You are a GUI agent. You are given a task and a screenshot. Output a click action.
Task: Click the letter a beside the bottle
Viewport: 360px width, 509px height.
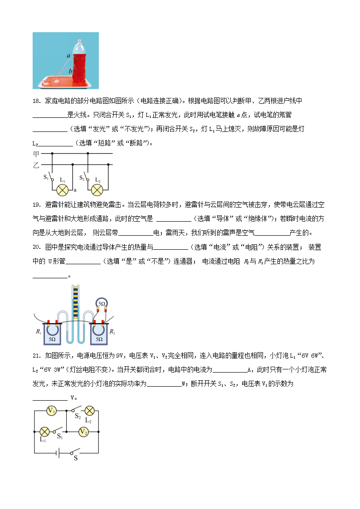(x=68, y=56)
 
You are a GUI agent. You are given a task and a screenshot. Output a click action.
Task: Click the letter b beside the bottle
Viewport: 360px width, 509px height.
(x=70, y=71)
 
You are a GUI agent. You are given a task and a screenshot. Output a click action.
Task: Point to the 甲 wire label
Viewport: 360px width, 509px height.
(x=36, y=154)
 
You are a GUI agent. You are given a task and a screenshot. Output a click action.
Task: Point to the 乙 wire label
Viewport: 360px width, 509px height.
(x=36, y=165)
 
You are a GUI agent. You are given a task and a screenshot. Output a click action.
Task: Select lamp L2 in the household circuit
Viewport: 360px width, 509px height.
(x=97, y=189)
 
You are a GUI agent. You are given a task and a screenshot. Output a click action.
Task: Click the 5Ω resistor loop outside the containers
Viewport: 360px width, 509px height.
(x=102, y=303)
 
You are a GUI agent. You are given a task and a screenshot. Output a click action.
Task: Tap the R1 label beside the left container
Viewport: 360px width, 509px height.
(x=38, y=331)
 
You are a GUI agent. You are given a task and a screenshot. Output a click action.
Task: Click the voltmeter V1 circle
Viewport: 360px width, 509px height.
(x=52, y=411)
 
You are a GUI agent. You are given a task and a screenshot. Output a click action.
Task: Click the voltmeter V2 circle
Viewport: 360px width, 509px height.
(x=83, y=432)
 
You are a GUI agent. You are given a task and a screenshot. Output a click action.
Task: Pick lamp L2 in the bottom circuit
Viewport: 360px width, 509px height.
(x=89, y=411)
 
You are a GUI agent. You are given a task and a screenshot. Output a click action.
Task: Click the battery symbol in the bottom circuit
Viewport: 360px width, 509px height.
(x=56, y=452)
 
